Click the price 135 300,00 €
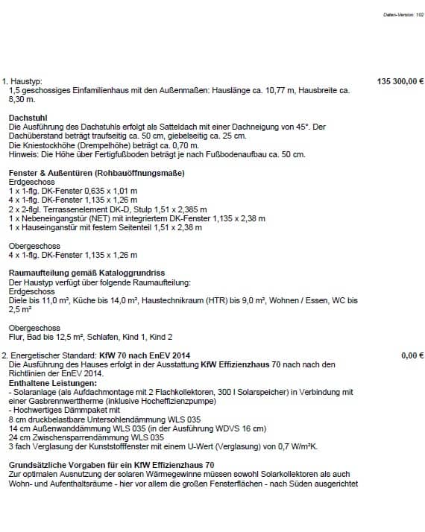tap(400, 80)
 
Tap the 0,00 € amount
tap(412, 355)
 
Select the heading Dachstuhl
tap(28, 118)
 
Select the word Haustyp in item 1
tap(26, 80)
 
